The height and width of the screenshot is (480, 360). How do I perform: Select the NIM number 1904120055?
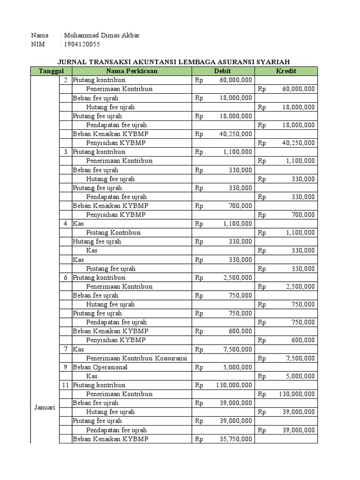pyautogui.click(x=82, y=45)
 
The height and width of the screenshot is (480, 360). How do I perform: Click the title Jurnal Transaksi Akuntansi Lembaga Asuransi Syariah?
pyautogui.click(x=173, y=62)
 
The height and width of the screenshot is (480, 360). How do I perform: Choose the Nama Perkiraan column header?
pyautogui.click(x=132, y=71)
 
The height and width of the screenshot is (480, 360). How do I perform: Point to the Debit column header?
pyautogui.click(x=223, y=71)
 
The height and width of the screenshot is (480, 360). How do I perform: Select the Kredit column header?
pyautogui.click(x=286, y=71)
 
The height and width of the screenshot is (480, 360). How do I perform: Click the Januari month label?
pyautogui.click(x=45, y=407)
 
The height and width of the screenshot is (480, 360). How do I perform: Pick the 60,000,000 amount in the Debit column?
pyautogui.click(x=236, y=80)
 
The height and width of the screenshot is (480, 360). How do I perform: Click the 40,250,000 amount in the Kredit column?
pyautogui.click(x=298, y=143)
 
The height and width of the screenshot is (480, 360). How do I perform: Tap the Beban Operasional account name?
pyautogui.click(x=100, y=367)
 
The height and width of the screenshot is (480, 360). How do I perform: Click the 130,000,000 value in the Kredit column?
pyautogui.click(x=297, y=394)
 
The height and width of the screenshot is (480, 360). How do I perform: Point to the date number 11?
pyautogui.click(x=66, y=385)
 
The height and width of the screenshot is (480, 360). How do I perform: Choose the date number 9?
pyautogui.click(x=66, y=367)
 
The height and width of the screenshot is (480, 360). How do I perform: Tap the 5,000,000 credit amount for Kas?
pyautogui.click(x=300, y=376)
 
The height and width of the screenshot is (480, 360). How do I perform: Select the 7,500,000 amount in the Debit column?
pyautogui.click(x=238, y=349)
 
